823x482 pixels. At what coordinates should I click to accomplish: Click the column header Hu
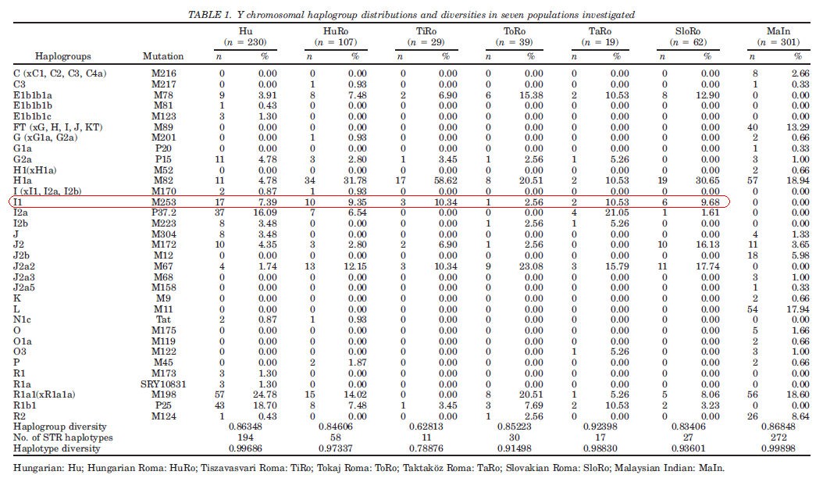[246, 31]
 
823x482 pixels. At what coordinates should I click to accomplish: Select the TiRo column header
[426, 31]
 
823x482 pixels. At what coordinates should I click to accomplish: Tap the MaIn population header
[778, 31]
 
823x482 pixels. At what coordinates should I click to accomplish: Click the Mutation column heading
[163, 56]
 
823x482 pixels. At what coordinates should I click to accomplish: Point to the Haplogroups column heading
[63, 56]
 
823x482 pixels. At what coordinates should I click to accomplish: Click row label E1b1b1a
[33, 95]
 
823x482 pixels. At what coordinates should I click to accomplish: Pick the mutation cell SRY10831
[163, 384]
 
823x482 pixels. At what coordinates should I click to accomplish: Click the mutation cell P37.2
[164, 212]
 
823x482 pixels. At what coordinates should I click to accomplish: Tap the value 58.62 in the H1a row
[446, 180]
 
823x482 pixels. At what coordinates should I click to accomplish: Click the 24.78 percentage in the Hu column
[265, 395]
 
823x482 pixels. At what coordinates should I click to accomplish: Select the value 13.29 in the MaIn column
[798, 127]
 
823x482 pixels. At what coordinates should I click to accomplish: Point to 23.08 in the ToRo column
[531, 266]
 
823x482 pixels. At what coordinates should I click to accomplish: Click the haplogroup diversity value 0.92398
[600, 427]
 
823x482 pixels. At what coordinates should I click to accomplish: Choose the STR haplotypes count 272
[778, 437]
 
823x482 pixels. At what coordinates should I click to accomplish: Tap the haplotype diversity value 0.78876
[426, 448]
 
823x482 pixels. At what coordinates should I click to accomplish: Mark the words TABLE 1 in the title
[210, 15]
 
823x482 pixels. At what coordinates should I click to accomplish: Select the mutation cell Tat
[163, 320]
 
